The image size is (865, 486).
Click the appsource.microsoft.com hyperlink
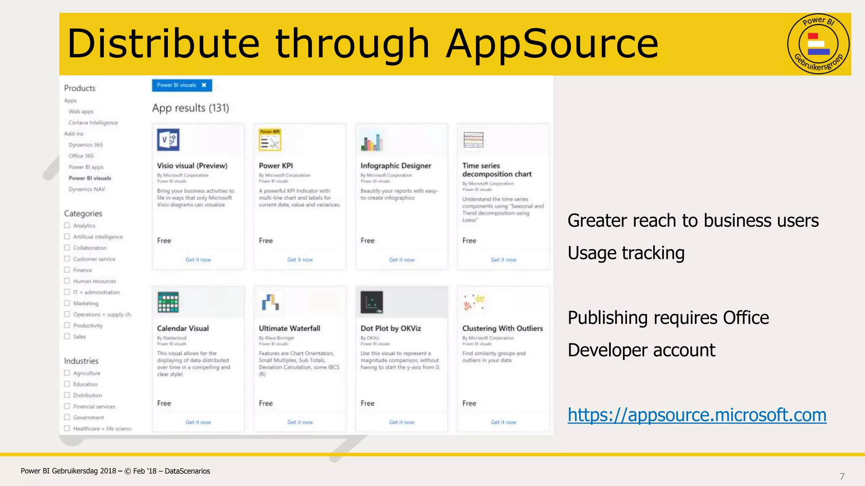click(x=697, y=415)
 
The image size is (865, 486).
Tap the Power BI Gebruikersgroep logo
click(x=818, y=44)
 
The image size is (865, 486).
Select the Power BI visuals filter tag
click(x=182, y=85)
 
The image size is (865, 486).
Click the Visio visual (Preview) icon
click(x=168, y=140)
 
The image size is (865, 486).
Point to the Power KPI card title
click(x=276, y=166)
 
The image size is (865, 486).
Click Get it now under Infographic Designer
click(x=402, y=260)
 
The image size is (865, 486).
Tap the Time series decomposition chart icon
click(x=473, y=140)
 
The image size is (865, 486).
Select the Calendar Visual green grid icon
click(x=168, y=302)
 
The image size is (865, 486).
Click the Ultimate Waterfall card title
click(x=289, y=328)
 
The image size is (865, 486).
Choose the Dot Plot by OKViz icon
click(x=372, y=302)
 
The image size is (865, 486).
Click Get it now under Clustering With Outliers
click(x=503, y=422)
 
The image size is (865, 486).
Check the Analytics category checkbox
click(x=67, y=225)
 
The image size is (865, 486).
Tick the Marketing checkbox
click(x=67, y=303)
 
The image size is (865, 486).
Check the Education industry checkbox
click(x=67, y=384)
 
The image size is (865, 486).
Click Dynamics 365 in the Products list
click(x=86, y=145)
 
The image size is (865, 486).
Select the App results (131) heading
click(x=190, y=108)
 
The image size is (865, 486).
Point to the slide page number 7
click(x=842, y=476)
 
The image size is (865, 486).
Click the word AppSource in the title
click(x=552, y=43)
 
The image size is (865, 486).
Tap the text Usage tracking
click(x=626, y=253)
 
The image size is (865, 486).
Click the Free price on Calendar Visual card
click(x=164, y=403)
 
